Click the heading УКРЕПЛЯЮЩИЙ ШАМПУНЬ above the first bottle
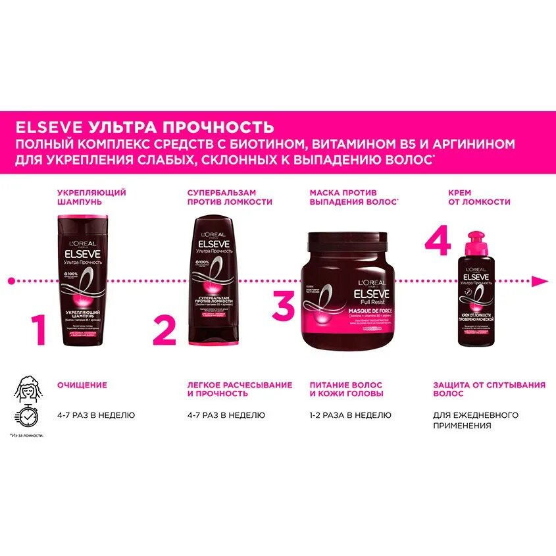[x=82, y=197]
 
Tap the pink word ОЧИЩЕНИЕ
[x=82, y=384]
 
